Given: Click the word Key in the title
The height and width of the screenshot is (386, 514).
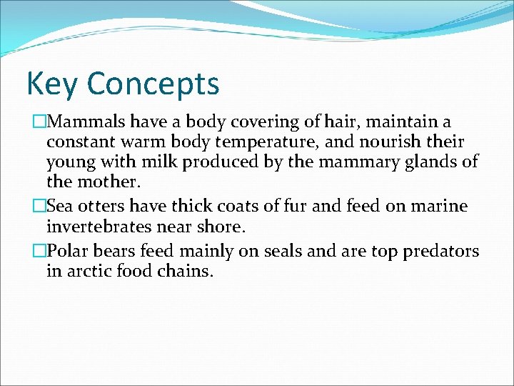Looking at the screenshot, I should (x=51, y=84).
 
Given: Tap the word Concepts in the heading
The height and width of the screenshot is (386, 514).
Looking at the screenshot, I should (x=153, y=85).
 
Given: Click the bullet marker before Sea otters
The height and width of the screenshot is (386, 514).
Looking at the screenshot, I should (x=40, y=207).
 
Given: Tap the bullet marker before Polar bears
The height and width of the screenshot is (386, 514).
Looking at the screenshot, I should (x=40, y=252).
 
